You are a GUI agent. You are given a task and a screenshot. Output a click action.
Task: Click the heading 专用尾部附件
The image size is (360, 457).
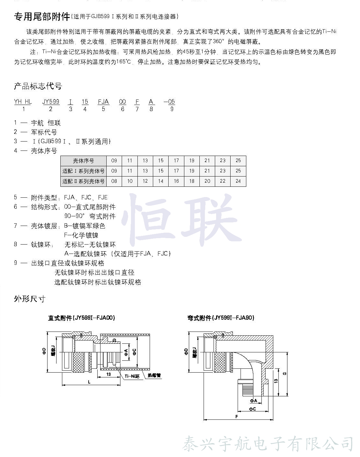point(42,16)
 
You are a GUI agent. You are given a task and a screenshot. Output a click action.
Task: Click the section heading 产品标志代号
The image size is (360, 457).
point(38,86)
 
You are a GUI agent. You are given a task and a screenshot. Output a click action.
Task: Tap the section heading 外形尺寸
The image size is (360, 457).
point(30,299)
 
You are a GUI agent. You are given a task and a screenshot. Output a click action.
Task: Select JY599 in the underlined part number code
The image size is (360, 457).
point(51,102)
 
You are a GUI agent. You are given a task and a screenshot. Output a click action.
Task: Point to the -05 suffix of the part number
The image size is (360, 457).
point(170,102)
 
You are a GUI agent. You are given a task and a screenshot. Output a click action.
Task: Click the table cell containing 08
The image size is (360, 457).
point(114,181)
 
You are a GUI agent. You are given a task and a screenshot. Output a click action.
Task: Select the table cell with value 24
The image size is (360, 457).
point(238,181)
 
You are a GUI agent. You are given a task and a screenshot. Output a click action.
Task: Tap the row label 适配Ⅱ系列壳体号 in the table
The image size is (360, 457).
point(83,181)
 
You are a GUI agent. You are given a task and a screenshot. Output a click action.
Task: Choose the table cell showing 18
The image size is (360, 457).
point(192,181)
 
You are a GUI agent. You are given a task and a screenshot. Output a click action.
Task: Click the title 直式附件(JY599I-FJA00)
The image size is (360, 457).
point(82,318)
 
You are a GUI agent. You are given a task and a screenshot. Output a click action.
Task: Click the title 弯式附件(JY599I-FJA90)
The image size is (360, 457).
point(221,318)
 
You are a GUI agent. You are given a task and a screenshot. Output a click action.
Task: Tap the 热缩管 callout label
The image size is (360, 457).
point(154,375)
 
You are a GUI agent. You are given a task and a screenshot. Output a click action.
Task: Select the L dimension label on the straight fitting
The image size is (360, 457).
point(89,382)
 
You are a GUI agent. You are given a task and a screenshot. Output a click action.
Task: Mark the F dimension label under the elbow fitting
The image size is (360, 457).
point(237,417)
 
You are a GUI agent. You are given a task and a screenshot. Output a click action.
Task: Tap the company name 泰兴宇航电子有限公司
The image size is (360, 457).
point(268,444)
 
